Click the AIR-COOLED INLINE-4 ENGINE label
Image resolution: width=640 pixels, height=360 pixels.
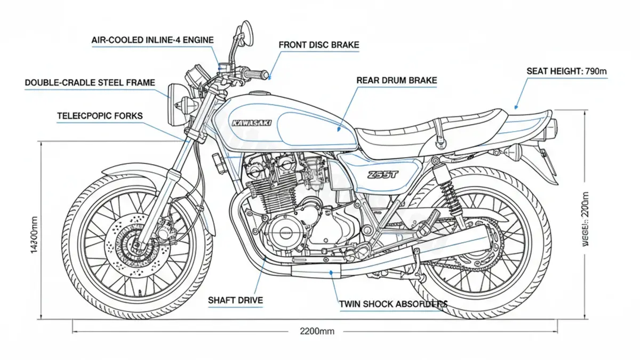[x=153, y=40]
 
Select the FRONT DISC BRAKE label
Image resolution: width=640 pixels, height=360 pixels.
[x=318, y=45]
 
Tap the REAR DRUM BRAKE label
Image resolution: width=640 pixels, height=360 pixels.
[x=396, y=81]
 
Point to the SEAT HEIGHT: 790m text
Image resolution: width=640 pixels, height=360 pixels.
[x=567, y=70]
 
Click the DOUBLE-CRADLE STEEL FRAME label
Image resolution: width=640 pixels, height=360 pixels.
[x=90, y=83]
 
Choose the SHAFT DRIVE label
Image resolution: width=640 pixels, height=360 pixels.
[x=235, y=300]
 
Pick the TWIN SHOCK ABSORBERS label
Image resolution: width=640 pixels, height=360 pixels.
[x=393, y=304]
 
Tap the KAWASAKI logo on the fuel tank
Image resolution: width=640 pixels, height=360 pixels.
[x=252, y=123]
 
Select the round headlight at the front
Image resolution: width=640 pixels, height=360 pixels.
[x=174, y=98]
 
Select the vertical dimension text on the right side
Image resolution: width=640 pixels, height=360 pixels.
[x=586, y=219]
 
